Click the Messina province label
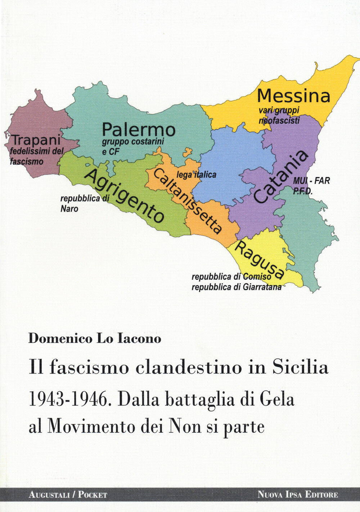coord(293,96)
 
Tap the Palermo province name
coord(139,130)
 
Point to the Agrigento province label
coord(125,196)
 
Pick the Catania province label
coord(281,177)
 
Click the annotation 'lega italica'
coord(196,175)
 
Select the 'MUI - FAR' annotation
coord(311,181)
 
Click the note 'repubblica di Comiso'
coord(231,277)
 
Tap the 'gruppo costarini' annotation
coord(133,142)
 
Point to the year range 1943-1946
coord(68,399)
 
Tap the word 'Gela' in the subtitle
coord(277,399)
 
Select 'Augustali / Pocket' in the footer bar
coord(68,495)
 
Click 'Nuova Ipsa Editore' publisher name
coord(298,495)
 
